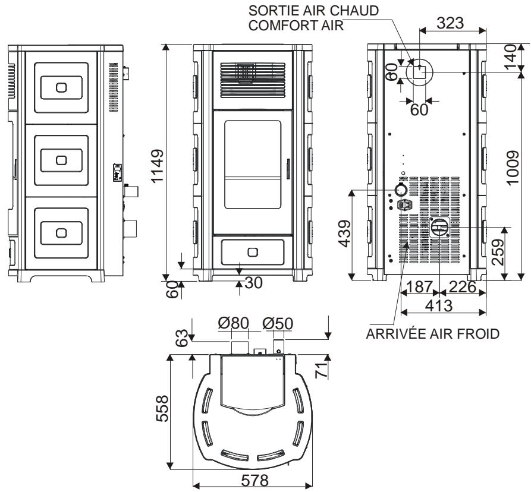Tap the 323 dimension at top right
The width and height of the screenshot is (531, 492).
(451, 24)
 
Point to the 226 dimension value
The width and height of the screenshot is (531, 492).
(463, 288)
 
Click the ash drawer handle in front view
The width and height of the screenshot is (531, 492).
(252, 252)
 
